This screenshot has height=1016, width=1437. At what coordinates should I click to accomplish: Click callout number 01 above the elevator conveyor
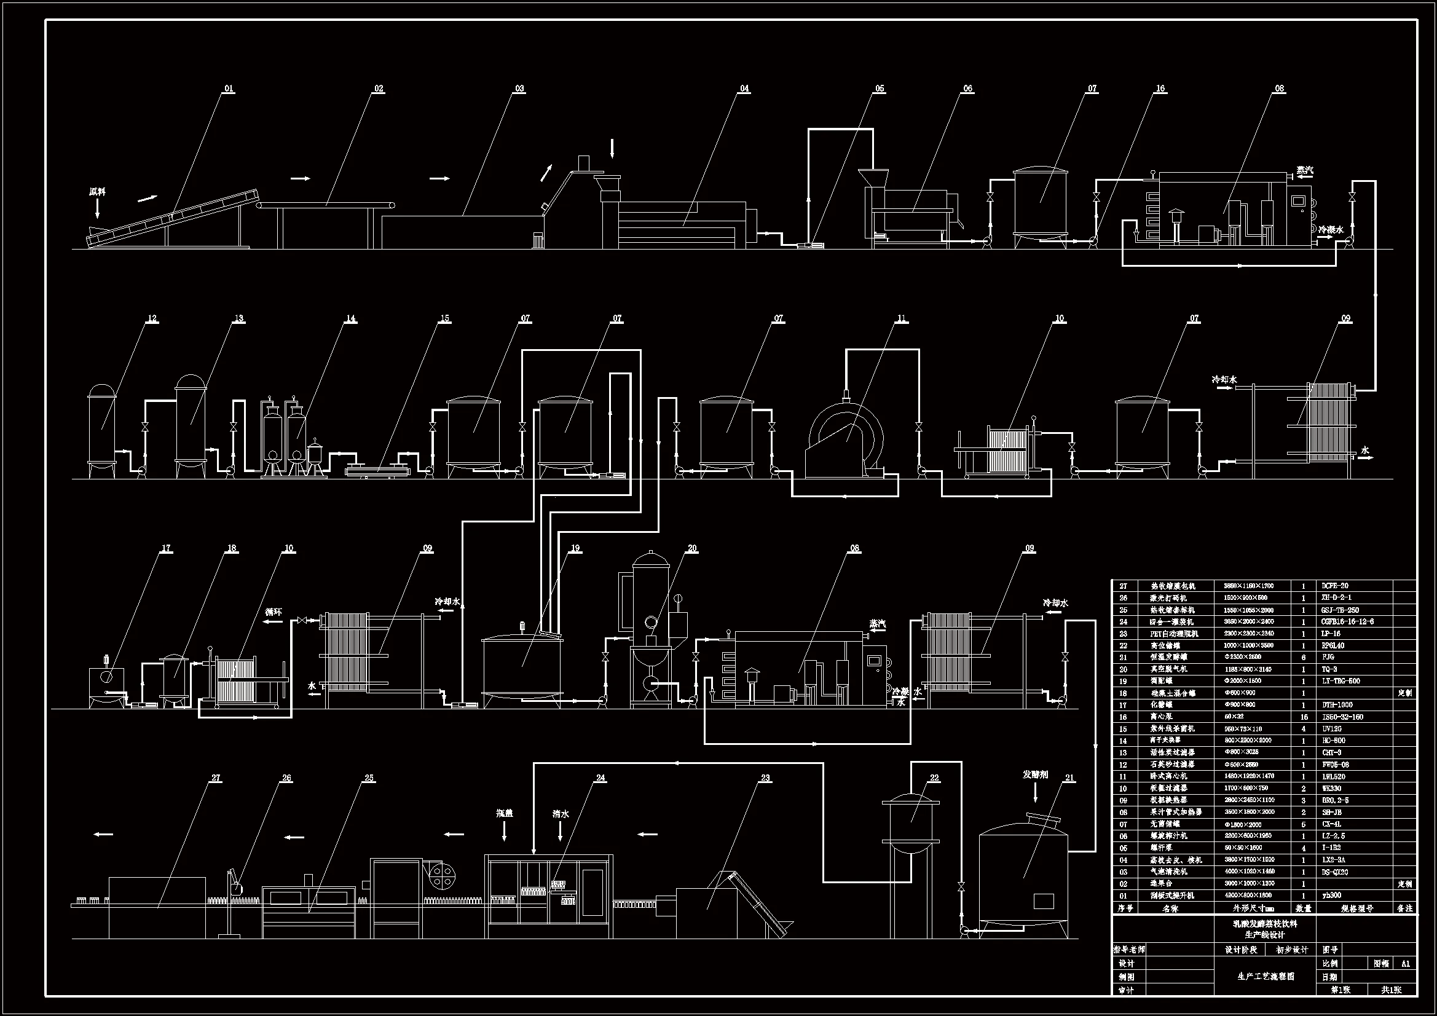tap(229, 89)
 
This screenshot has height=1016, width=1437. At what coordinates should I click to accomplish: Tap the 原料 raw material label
tap(97, 192)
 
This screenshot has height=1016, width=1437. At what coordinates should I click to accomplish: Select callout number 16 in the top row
tap(1160, 89)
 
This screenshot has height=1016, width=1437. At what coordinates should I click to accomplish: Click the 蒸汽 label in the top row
tap(1300, 170)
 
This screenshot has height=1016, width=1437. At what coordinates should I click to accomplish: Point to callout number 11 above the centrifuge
tap(901, 318)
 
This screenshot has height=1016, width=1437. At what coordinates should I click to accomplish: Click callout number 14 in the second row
tap(350, 318)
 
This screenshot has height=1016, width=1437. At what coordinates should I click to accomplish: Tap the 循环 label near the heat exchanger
tap(274, 612)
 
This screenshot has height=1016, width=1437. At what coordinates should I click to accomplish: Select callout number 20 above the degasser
tap(692, 548)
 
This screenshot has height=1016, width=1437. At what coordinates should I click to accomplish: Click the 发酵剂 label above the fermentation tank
tap(1035, 774)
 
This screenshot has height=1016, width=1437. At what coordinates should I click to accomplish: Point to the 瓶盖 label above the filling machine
tap(505, 813)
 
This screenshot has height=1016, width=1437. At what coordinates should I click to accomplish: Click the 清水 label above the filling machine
tap(561, 814)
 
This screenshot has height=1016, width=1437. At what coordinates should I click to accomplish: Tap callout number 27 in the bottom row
tap(216, 778)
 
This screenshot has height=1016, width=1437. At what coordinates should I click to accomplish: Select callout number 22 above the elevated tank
tap(934, 778)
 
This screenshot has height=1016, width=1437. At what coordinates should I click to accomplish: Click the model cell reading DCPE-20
tap(1335, 586)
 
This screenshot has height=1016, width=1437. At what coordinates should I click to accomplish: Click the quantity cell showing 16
tap(1304, 717)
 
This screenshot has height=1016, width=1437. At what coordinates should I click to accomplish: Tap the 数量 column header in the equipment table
tap(1304, 908)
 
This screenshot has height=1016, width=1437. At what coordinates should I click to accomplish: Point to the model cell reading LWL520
tap(1334, 776)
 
